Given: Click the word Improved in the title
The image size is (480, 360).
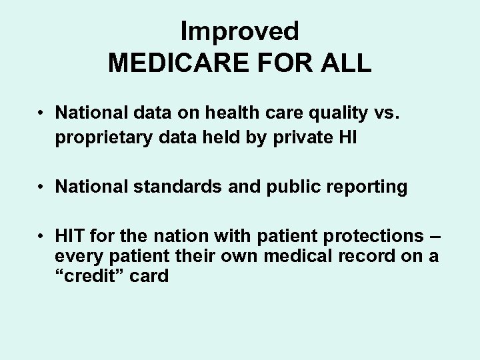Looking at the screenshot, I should point(240,31).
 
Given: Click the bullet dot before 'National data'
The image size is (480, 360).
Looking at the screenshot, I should point(41,113).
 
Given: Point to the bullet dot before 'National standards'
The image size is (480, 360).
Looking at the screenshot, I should point(41,187).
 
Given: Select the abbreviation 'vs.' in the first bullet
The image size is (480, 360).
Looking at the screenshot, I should point(389,113).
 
